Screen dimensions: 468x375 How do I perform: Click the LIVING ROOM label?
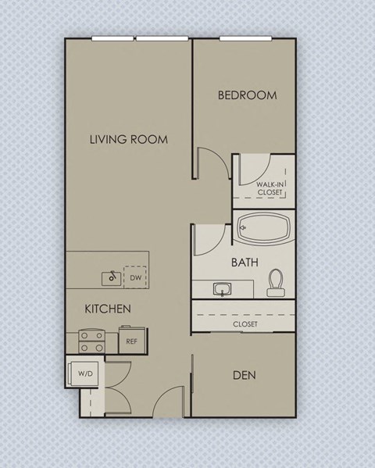coord(129,140)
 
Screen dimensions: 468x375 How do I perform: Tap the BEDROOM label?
coord(247,95)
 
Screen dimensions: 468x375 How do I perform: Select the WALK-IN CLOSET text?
coord(271,188)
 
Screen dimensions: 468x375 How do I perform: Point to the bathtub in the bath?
coord(264,229)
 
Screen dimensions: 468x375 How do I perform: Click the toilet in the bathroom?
coord(275,283)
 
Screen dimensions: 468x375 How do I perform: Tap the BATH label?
coord(245,263)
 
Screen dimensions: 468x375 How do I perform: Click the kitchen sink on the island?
coord(112,277)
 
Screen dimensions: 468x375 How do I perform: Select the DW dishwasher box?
coord(135,277)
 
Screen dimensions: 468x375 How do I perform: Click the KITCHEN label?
coord(107,309)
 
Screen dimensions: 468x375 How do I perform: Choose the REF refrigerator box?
coord(131,341)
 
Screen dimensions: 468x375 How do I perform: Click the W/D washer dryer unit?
coord(84,373)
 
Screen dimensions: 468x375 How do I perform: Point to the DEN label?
coord(244,375)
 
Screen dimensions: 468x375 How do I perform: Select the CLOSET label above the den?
coord(245,323)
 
